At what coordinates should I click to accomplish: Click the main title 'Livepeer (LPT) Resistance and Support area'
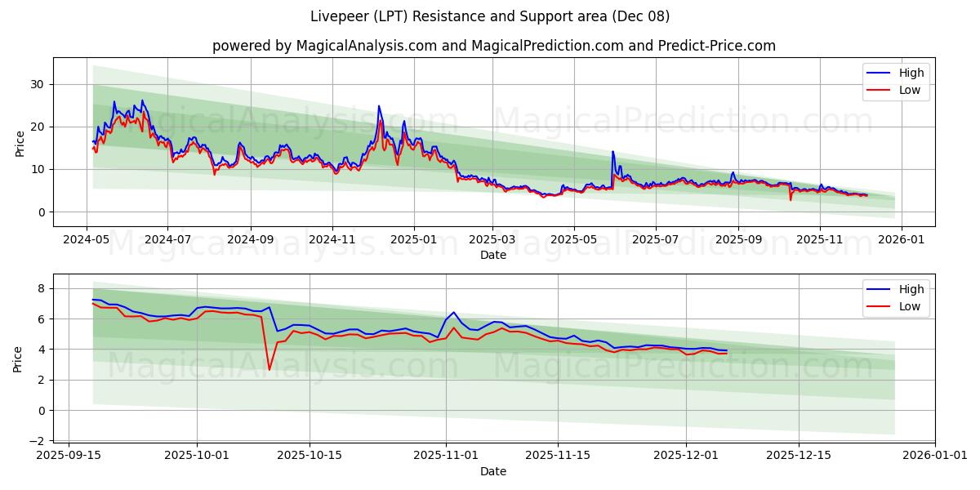click(x=490, y=16)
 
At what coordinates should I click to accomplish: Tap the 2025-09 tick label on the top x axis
click(x=738, y=240)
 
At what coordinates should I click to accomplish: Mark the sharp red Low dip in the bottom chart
click(x=269, y=369)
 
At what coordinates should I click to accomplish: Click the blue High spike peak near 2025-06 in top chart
click(x=612, y=151)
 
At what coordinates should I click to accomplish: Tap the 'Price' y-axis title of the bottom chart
click(x=19, y=359)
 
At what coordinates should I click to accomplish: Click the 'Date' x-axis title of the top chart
click(x=493, y=255)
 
